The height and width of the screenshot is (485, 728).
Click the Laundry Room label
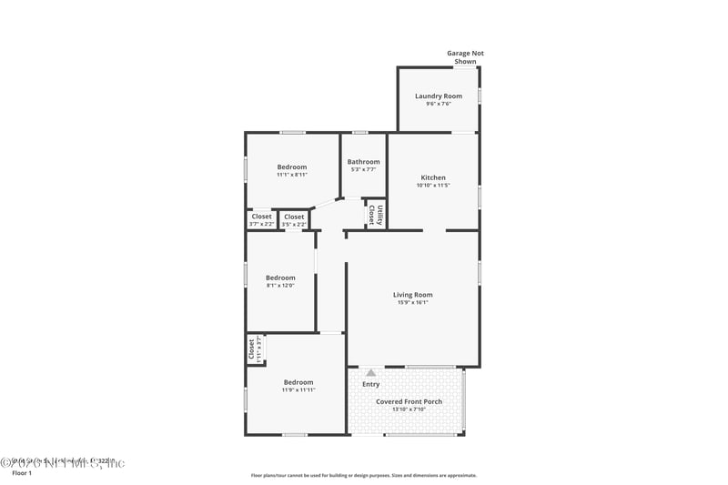pyautogui.click(x=438, y=96)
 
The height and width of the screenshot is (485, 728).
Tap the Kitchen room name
pyautogui.click(x=432, y=177)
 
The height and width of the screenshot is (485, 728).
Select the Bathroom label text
pyautogui.click(x=363, y=162)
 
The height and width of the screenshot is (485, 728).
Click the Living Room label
pyautogui.click(x=412, y=294)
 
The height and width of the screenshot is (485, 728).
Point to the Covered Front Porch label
pyautogui.click(x=408, y=401)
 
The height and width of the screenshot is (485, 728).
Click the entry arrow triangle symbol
pyautogui.click(x=370, y=372)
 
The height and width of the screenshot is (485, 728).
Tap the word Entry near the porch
pyautogui.click(x=371, y=384)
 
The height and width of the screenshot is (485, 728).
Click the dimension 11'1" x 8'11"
pyautogui.click(x=292, y=175)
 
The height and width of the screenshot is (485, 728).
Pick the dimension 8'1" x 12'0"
pyautogui.click(x=280, y=286)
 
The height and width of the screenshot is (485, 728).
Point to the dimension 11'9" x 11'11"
pyautogui.click(x=298, y=390)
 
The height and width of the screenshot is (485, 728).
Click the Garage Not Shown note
pyautogui.click(x=465, y=57)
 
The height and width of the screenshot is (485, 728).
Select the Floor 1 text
pyautogui.click(x=22, y=473)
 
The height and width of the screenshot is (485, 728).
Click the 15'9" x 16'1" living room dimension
pyautogui.click(x=412, y=302)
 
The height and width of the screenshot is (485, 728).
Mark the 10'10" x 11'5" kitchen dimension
pyautogui.click(x=432, y=186)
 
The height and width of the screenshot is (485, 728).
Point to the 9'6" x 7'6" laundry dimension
pyautogui.click(x=438, y=104)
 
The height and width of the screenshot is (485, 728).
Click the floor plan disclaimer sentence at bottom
pyautogui.click(x=363, y=475)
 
